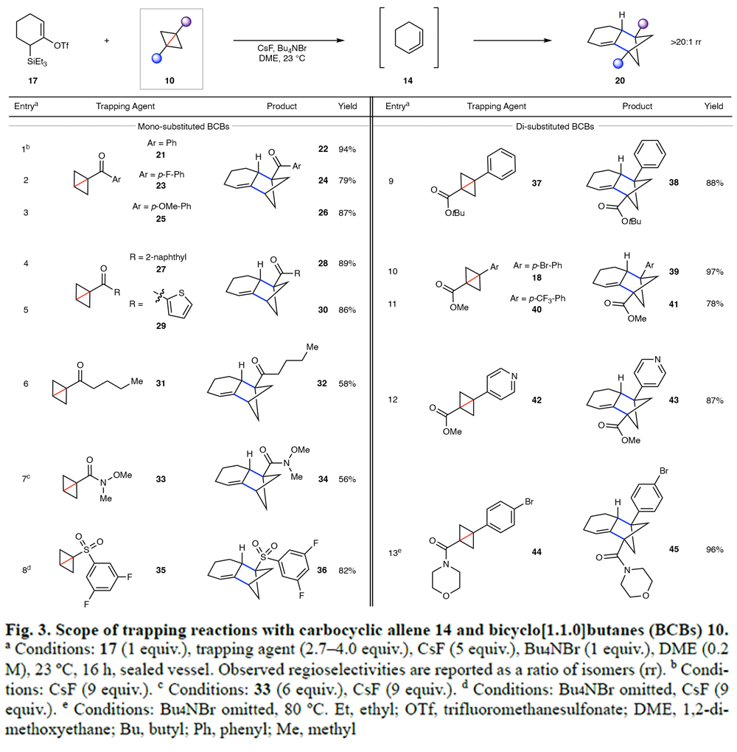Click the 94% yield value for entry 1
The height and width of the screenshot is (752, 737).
tap(348, 149)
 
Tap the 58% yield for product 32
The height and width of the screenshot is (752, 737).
tap(348, 384)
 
